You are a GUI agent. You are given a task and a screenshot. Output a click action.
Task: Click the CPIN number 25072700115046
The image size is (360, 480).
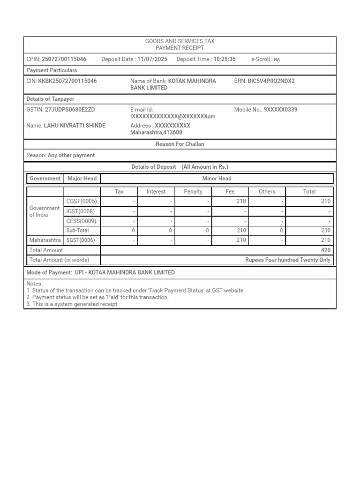point(64,59)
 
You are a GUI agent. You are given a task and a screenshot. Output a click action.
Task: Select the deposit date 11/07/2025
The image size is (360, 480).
point(152,59)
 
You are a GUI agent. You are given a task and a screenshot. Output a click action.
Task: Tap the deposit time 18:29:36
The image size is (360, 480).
point(225,59)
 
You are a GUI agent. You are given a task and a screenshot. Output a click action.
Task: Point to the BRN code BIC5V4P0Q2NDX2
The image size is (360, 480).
point(271,81)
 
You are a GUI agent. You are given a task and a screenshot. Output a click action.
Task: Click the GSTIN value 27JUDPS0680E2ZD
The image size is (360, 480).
point(70,110)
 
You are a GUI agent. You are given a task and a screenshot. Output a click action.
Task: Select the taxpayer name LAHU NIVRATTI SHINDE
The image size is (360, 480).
point(75,126)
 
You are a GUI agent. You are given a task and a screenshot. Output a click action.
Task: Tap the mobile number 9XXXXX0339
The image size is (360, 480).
point(280,110)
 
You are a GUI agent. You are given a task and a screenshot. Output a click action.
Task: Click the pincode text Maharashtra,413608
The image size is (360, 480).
point(156,133)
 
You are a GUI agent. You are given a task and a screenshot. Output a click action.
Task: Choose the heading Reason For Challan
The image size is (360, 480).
point(180,144)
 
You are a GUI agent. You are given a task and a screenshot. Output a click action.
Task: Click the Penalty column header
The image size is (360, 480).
point(193,191)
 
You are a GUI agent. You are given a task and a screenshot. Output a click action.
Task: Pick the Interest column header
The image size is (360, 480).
point(156,191)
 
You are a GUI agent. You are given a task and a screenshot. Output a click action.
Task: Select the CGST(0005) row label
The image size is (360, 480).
point(82,201)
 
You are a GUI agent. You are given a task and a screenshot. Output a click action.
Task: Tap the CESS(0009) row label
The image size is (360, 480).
point(82,221)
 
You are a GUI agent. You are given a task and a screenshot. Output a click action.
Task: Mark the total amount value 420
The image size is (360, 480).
point(325,250)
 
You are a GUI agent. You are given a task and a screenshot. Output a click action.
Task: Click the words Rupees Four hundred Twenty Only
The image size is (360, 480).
point(288,260)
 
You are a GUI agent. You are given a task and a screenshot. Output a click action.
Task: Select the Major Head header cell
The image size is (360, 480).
point(82,178)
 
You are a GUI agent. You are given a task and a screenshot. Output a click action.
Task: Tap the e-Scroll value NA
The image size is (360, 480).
point(277,60)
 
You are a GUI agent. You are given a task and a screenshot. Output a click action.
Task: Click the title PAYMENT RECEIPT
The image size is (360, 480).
point(180,48)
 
